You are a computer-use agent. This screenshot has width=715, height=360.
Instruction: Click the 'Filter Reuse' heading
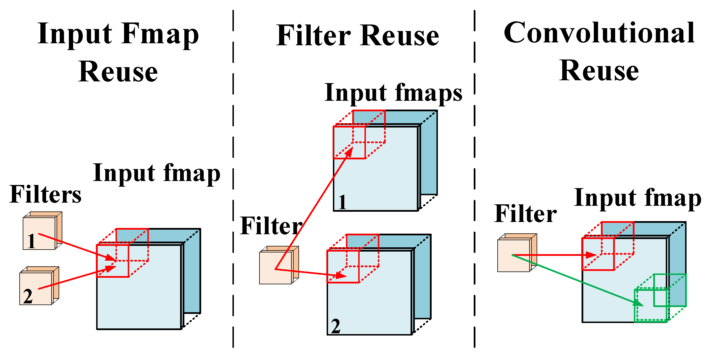[x=358, y=36]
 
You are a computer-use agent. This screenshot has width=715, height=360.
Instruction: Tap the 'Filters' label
[x=46, y=195]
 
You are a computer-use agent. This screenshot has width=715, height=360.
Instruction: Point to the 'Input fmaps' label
[x=393, y=93]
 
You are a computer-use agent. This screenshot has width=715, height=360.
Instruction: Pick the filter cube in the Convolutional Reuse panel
[x=514, y=255]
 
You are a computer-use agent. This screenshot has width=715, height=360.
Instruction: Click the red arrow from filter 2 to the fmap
[x=77, y=278]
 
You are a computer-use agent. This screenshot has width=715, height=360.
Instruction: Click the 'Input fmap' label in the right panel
[x=637, y=198]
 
